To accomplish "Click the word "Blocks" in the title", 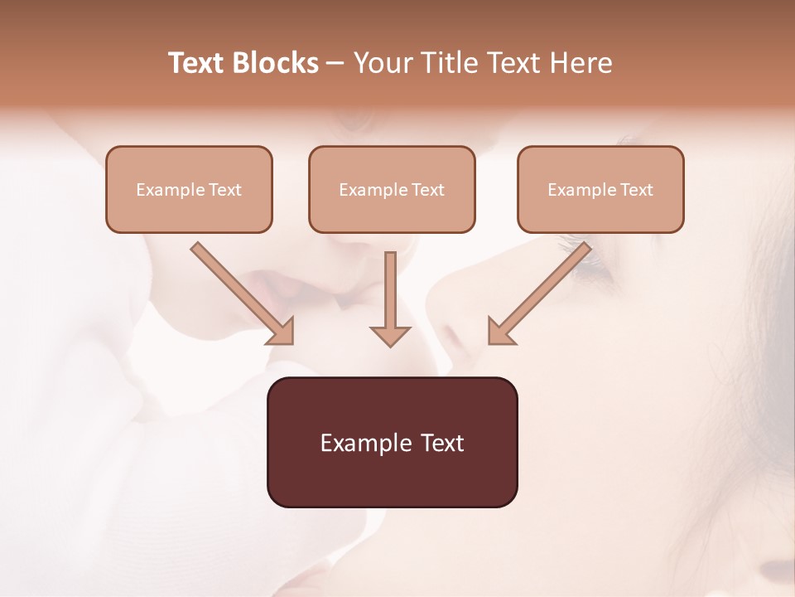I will pos(276,63).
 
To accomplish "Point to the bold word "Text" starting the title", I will pos(197,63).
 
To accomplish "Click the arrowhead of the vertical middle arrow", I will pos(390,335).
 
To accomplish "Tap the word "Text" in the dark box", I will pos(441,443).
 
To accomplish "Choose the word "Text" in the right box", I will pos(636,190).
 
